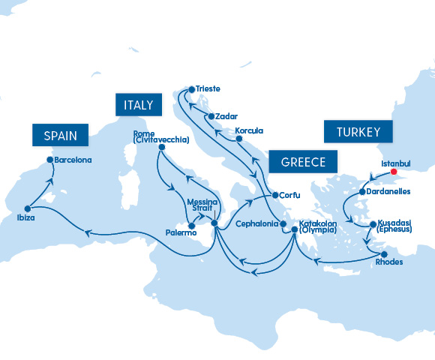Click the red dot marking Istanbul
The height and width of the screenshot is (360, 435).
tap(394, 172)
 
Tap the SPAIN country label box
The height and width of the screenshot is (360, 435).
tap(60, 136)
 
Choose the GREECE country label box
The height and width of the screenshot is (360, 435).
tap(303, 162)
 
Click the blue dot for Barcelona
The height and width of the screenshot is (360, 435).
tap(50, 160)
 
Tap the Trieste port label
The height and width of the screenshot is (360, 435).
tap(208, 88)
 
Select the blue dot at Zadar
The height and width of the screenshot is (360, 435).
tap(211, 116)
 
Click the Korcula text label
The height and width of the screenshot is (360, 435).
tap(249, 130)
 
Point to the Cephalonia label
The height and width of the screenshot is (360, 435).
tap(256, 223)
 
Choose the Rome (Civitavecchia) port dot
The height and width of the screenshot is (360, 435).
tap(160, 148)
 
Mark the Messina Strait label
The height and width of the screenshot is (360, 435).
tap(202, 206)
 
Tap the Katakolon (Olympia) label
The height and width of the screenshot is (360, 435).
tap(321, 227)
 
